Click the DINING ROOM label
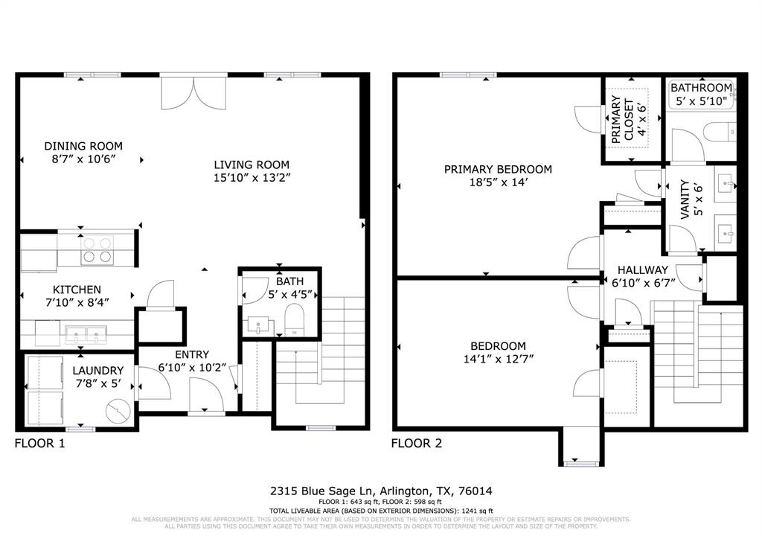click(83, 146)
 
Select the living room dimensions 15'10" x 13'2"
click(252, 177)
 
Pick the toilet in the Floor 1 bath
click(295, 322)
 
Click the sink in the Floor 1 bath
click(260, 324)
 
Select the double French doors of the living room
click(194, 91)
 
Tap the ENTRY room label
click(192, 354)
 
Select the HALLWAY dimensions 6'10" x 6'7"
click(635, 283)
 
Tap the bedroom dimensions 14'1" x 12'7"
click(498, 359)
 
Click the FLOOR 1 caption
click(40, 444)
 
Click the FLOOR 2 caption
click(417, 444)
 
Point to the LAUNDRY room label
click(97, 370)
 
